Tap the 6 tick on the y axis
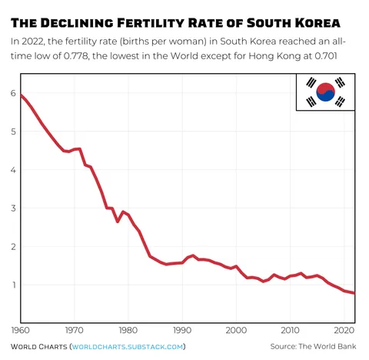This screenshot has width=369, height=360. [12, 93]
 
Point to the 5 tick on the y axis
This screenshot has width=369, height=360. [12, 132]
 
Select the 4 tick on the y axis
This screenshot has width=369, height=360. [12, 170]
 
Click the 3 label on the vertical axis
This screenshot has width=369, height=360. [12, 208]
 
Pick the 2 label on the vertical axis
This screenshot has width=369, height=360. [12, 247]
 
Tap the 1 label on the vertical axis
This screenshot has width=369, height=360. [12, 285]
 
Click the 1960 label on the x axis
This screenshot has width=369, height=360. [21, 332]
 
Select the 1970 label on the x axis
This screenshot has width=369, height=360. [75, 332]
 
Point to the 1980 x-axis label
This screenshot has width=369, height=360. [128, 332]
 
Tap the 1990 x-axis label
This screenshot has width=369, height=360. [182, 332]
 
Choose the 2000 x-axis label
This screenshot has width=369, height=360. [236, 332]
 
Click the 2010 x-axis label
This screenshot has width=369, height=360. [290, 332]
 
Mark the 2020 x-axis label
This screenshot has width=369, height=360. [343, 332]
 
